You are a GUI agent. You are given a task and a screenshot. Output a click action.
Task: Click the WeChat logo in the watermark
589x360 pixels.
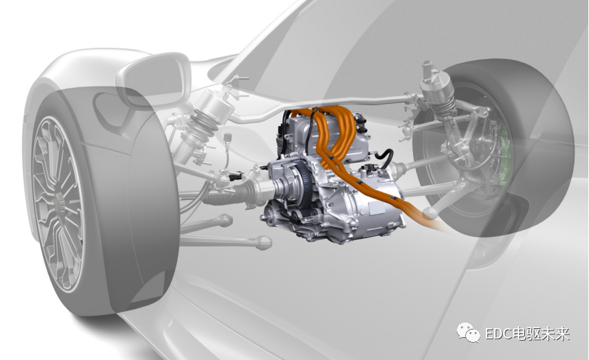click(x=468, y=333)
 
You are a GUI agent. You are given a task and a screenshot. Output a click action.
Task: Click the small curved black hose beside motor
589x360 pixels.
click(x=384, y=159)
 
